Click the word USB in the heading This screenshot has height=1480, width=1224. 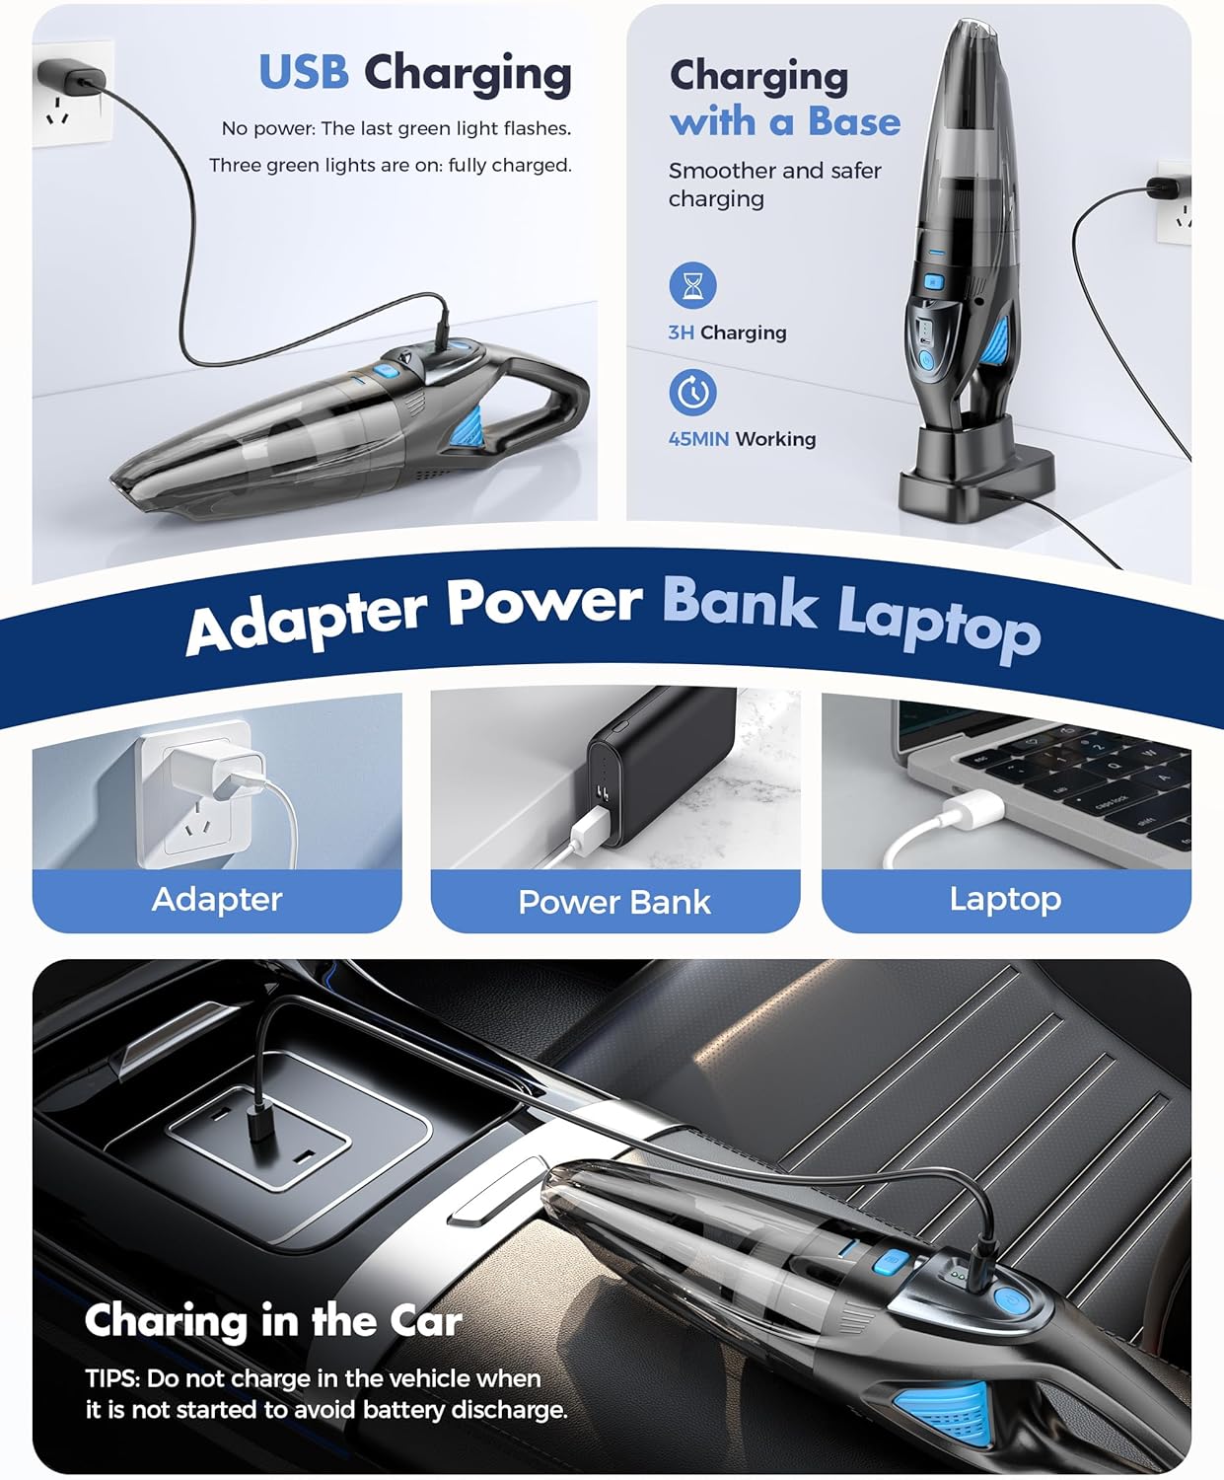pyautogui.click(x=303, y=73)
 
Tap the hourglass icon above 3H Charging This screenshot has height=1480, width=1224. pyautogui.click(x=692, y=286)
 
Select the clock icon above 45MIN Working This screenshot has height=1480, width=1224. pyautogui.click(x=692, y=392)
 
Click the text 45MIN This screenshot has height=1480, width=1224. pyautogui.click(x=698, y=439)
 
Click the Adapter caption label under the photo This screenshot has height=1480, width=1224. pyautogui.click(x=217, y=899)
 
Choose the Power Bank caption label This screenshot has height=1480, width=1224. pyautogui.click(x=614, y=902)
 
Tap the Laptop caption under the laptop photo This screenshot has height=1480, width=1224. pyautogui.click(x=1005, y=899)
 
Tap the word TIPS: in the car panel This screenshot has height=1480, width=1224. pyautogui.click(x=112, y=1378)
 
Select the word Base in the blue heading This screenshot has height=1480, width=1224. pyautogui.click(x=853, y=121)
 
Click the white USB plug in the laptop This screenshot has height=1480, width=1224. pyautogui.click(x=972, y=811)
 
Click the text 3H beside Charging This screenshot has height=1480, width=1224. pyautogui.click(x=681, y=333)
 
